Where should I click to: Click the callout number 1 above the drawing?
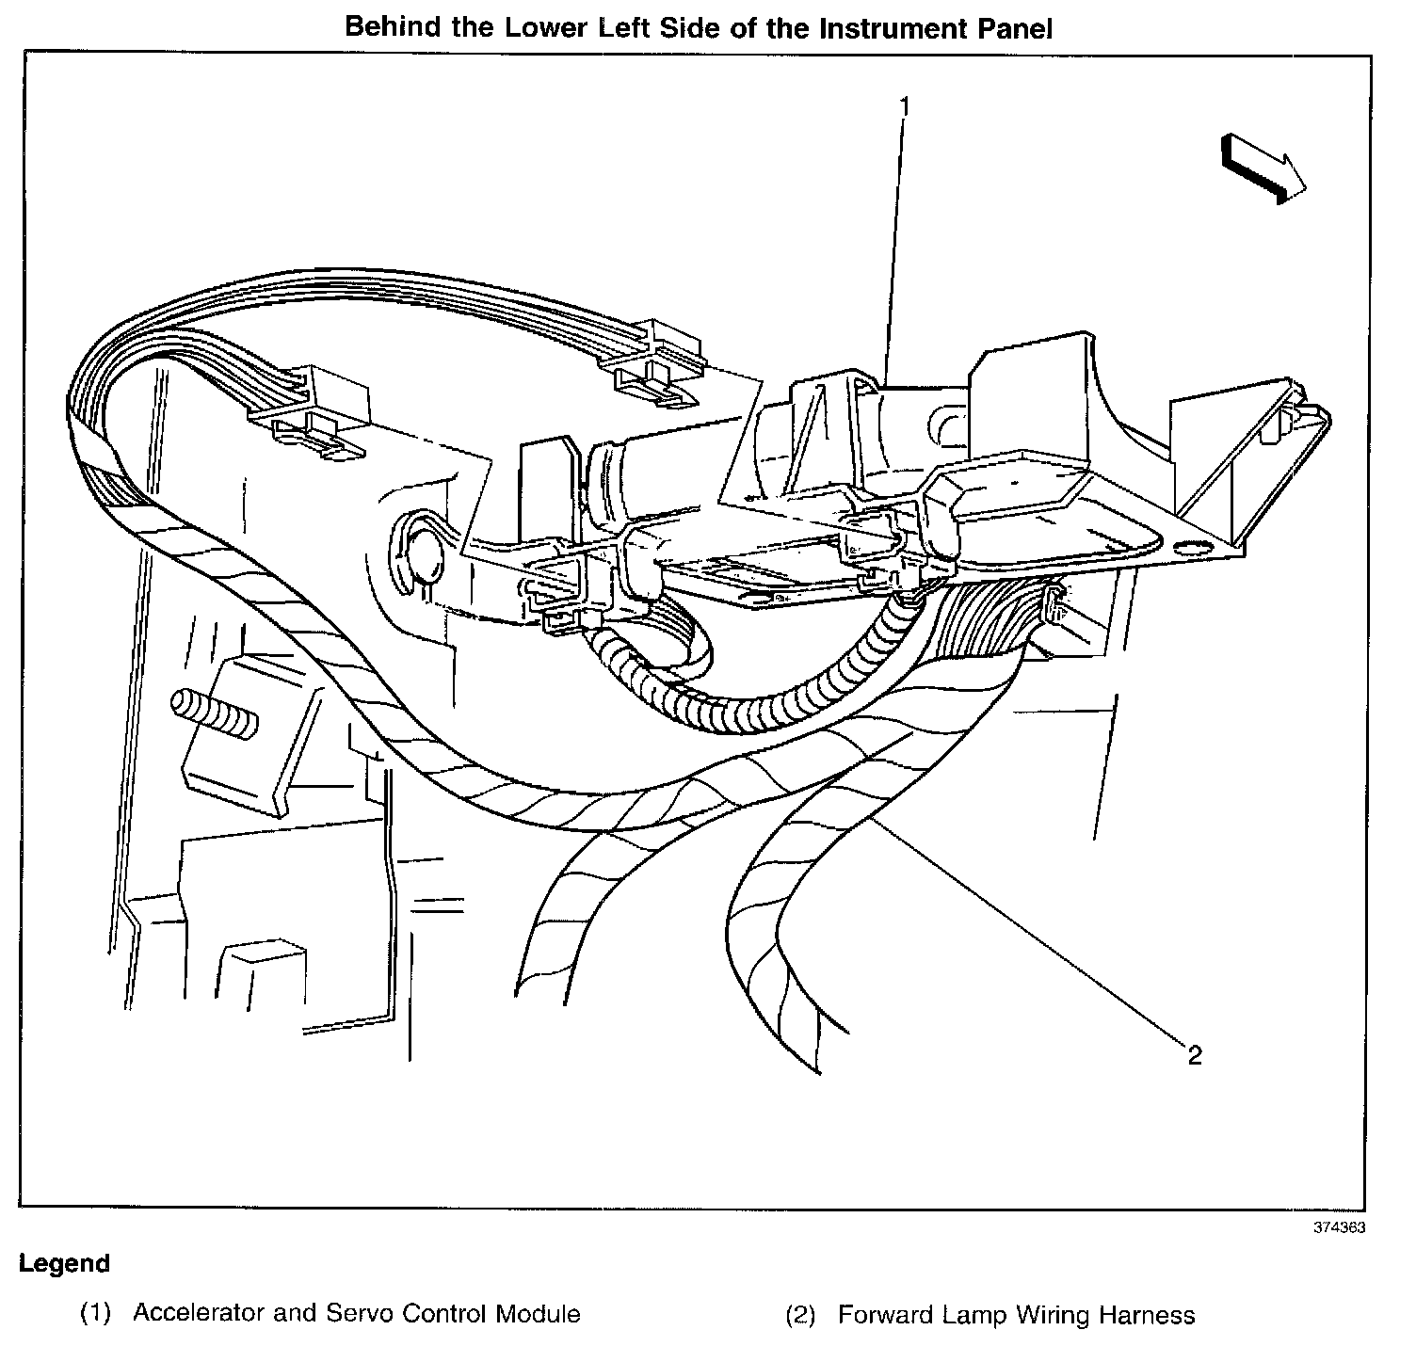click(x=904, y=106)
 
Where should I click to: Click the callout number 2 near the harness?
click(x=1195, y=1055)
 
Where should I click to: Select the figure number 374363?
click(x=1340, y=1227)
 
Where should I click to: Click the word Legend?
click(x=65, y=1263)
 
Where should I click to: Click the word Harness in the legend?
click(x=1149, y=1314)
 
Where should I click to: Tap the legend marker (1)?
click(x=95, y=1314)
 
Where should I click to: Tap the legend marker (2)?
click(x=799, y=1315)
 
